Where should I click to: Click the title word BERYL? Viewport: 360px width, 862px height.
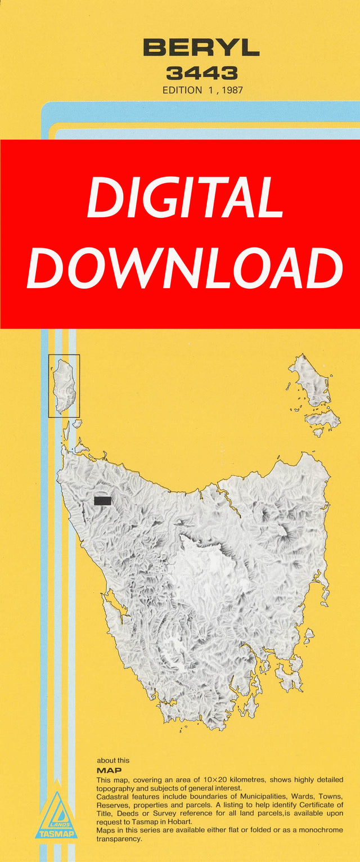point(201,48)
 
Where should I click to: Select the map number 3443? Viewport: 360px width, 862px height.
point(201,73)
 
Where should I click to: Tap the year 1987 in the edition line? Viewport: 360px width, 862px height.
point(231,90)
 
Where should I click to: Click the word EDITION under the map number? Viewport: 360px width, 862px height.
point(182,90)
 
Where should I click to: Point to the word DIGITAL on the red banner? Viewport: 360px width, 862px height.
point(185,199)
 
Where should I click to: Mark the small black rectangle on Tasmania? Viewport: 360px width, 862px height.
point(102,501)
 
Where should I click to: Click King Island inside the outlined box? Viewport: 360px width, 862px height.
point(64,385)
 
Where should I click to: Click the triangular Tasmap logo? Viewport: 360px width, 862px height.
point(56,816)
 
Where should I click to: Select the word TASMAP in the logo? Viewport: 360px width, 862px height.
point(56,834)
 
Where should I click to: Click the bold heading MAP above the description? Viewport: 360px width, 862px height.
point(109,771)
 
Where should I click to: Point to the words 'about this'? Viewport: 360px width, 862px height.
point(112,761)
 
